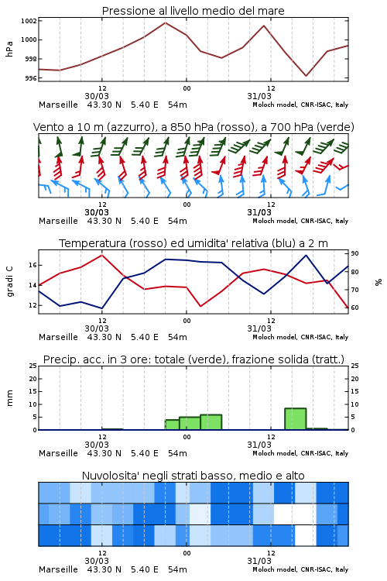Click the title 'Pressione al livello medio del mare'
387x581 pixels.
point(193,11)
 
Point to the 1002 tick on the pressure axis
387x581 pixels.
point(29,21)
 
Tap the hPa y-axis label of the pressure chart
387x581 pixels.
point(9,49)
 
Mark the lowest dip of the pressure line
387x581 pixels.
point(307,76)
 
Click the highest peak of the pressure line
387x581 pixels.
point(165,23)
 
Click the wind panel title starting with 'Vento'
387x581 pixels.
point(193,127)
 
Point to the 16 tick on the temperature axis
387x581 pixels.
point(33,265)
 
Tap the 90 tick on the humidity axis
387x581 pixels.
point(354,253)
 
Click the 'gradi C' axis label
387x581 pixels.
point(9,281)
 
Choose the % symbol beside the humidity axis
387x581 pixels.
point(378,282)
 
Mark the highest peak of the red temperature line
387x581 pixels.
point(102,256)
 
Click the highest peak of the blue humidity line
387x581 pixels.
point(306,256)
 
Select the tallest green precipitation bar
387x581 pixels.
point(296,419)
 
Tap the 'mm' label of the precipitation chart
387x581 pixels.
point(9,398)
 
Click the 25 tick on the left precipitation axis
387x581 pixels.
point(33,366)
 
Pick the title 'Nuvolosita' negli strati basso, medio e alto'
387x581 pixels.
point(193,476)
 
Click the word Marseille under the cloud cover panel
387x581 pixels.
point(58,569)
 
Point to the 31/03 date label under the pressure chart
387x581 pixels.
point(259,96)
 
